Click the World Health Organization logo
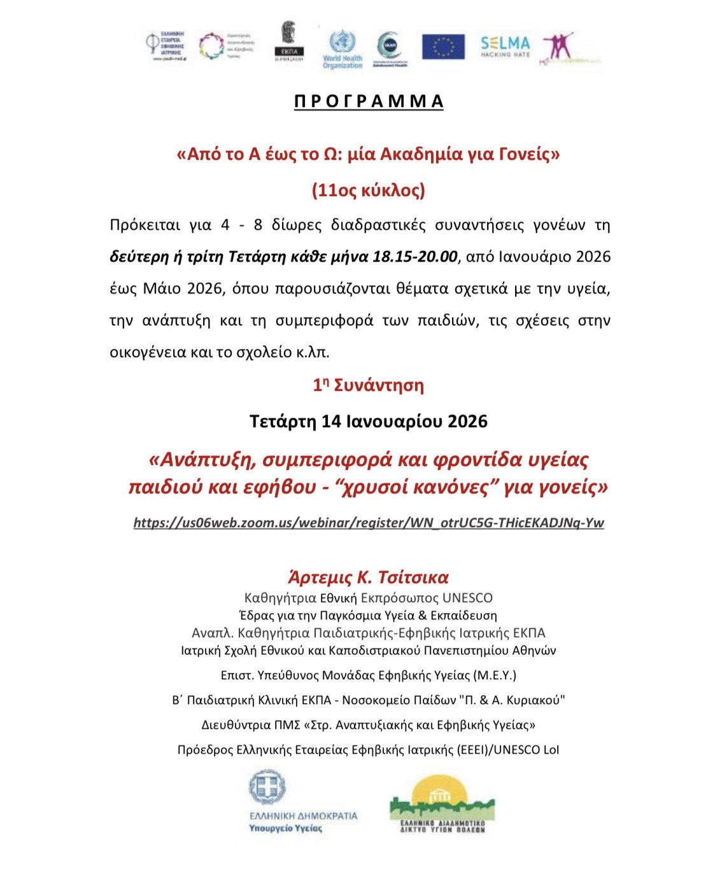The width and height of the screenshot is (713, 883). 342,48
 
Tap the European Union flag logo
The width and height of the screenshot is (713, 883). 443,46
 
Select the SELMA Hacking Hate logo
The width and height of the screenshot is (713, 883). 505,46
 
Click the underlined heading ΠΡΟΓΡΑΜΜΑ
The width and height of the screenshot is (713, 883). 369,102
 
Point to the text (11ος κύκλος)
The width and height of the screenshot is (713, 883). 369,190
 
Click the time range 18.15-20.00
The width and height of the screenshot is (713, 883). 414,257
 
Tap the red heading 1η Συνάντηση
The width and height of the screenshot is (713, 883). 369,385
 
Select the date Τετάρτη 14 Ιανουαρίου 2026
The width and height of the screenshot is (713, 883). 369,421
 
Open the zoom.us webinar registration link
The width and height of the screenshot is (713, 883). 369,523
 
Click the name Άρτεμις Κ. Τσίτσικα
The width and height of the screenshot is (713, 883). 369,577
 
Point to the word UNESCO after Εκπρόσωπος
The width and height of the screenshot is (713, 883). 467,598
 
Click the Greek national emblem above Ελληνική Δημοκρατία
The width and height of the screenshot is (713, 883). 267,788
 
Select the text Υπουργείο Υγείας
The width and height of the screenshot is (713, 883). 285,828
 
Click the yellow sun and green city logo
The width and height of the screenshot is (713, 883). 442,803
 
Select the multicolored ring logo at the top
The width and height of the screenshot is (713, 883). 211,46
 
